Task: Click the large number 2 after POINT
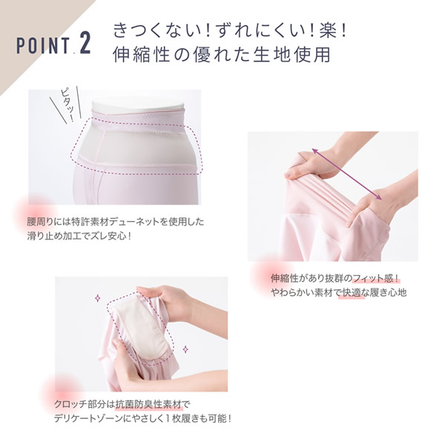85,44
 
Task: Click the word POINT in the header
43,46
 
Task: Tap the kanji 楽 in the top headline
326,30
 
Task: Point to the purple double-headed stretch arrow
347,174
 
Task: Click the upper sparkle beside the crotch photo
98,298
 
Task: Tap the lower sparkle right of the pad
185,349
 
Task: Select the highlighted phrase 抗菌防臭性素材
148,404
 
